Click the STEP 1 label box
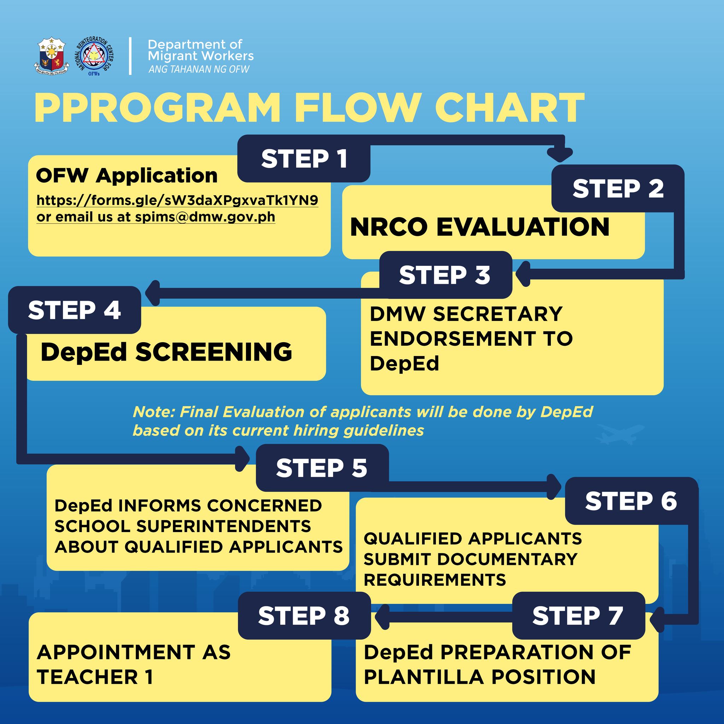click(x=304, y=159)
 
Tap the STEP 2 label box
click(x=618, y=188)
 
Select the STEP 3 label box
click(x=445, y=275)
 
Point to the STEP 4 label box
click(x=75, y=310)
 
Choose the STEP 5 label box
click(x=322, y=468)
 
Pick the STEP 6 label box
click(x=631, y=501)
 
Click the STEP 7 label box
click(x=578, y=615)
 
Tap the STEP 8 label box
click(x=304, y=615)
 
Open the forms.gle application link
click(x=177, y=200)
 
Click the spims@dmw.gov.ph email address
click(x=205, y=217)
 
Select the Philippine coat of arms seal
click(x=52, y=56)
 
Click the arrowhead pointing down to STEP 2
click(x=560, y=154)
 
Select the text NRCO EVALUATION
click(x=480, y=227)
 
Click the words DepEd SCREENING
click(x=166, y=352)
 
